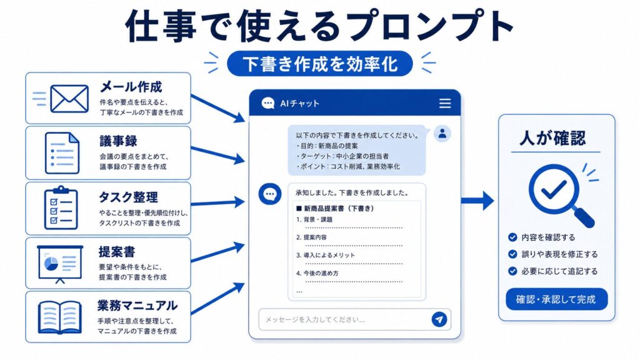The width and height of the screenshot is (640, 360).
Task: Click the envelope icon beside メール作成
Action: coord(69,98)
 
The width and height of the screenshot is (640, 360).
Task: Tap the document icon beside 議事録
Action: coord(62,153)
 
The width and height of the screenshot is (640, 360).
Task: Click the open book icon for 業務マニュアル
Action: coord(59,317)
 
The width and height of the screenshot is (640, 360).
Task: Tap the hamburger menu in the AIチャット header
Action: coord(445,103)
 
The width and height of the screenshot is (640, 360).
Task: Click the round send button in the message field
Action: coord(439,319)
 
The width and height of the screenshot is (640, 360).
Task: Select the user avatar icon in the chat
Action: coord(442,134)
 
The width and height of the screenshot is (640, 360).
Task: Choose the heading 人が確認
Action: coord(552,138)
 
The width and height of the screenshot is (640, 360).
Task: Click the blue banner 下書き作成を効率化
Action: coord(319,64)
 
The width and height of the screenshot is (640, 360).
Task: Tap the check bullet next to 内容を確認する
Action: coord(512,237)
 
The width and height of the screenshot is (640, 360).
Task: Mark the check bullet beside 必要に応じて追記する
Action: coord(512,271)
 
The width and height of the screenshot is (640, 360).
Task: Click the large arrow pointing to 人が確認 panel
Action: coord(477,201)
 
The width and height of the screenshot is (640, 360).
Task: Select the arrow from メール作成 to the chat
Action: coord(218,109)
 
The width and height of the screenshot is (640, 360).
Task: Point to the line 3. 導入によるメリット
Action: coord(325,255)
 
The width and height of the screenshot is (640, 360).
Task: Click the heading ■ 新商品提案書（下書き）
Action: coord(335,208)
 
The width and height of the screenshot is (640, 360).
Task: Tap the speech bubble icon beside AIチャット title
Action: coord(267,103)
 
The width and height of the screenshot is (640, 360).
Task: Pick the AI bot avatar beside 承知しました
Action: coord(270,194)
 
